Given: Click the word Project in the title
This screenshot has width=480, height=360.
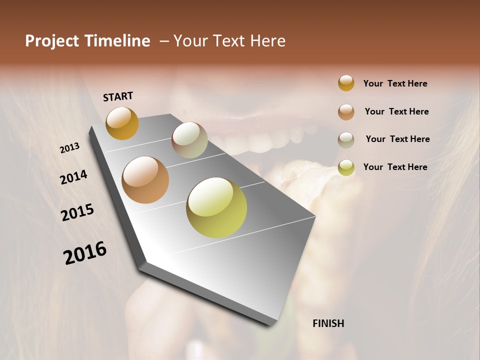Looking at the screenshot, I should pyautogui.click(x=52, y=41).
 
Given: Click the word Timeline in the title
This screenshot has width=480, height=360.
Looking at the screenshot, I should pyautogui.click(x=117, y=41).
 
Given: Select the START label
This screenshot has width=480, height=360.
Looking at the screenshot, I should pyautogui.click(x=118, y=96).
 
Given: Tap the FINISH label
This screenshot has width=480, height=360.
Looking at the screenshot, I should pyautogui.click(x=328, y=323).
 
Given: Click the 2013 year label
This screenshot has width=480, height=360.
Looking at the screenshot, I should pyautogui.click(x=70, y=148).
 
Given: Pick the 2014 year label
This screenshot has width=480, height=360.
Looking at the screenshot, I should pyautogui.click(x=73, y=177).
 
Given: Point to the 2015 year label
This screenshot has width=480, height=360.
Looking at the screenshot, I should pyautogui.click(x=77, y=212).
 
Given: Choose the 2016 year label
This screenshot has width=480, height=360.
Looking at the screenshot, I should pyautogui.click(x=85, y=253).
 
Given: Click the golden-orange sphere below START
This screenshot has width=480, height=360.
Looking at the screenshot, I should pyautogui.click(x=122, y=123).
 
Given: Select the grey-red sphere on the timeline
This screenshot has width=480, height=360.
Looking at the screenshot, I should pyautogui.click(x=189, y=140).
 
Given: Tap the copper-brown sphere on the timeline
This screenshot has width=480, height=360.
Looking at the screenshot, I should pyautogui.click(x=145, y=180).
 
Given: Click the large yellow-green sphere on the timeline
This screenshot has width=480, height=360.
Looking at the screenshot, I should pyautogui.click(x=216, y=207).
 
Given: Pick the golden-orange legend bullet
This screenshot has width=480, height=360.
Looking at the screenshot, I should pyautogui.click(x=346, y=83).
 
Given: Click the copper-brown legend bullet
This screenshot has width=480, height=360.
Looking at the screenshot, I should pyautogui.click(x=346, y=112).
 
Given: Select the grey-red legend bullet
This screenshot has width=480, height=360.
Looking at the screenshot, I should pyautogui.click(x=346, y=140).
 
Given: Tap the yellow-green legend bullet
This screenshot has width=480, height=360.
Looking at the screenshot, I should pyautogui.click(x=346, y=167).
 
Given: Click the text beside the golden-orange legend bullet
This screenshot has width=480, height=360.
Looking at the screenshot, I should pyautogui.click(x=395, y=83).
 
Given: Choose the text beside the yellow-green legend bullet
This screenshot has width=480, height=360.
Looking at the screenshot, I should pyautogui.click(x=395, y=167).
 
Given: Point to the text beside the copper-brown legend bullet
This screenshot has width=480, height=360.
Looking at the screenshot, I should pyautogui.click(x=396, y=111).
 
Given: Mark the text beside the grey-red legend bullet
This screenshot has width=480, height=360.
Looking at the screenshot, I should pyautogui.click(x=397, y=139).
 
